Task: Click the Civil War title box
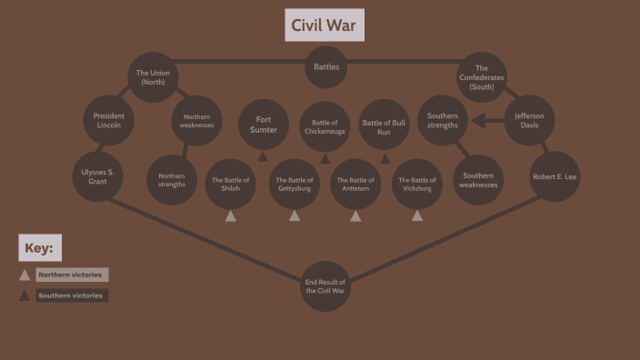pyautogui.click(x=325, y=25)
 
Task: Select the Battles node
pyautogui.click(x=325, y=67)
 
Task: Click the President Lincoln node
pyautogui.click(x=109, y=120)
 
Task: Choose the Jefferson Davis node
pyautogui.click(x=528, y=120)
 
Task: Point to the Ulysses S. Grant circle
pyautogui.click(x=98, y=176)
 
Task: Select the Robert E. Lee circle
pyautogui.click(x=555, y=176)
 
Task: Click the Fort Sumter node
pyautogui.click(x=264, y=125)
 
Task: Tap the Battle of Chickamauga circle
pyautogui.click(x=325, y=126)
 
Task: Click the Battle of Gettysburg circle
pyautogui.click(x=295, y=184)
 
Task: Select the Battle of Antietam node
pyautogui.click(x=355, y=184)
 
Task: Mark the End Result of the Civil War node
pyautogui.click(x=325, y=286)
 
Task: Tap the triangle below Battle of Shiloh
pyautogui.click(x=231, y=216)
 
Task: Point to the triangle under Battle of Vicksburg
pyautogui.click(x=417, y=216)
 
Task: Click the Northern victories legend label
pyautogui.click(x=72, y=275)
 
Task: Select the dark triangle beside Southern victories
pyautogui.click(x=25, y=295)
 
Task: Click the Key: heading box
pyautogui.click(x=40, y=247)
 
